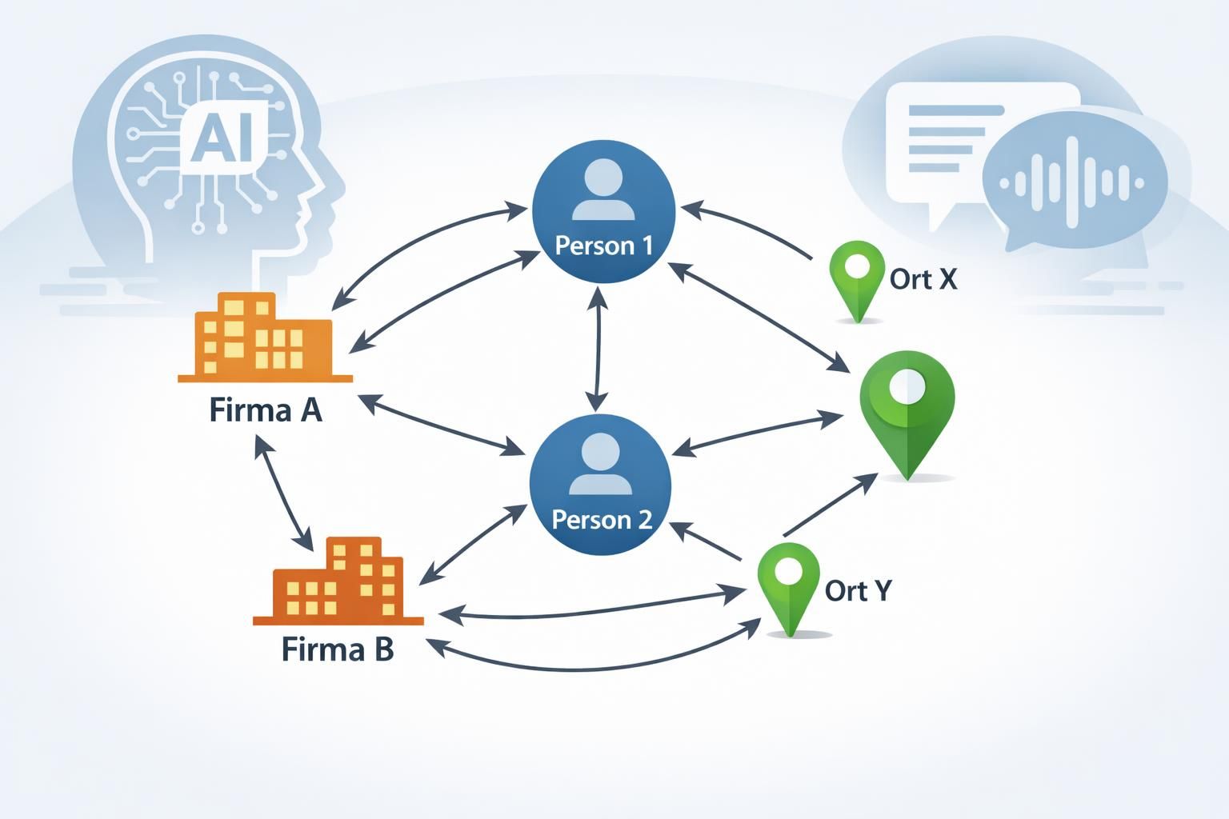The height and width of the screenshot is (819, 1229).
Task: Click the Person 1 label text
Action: (x=603, y=246)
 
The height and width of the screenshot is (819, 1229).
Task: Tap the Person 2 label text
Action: (x=602, y=520)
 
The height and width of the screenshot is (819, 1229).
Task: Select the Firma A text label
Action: (x=266, y=410)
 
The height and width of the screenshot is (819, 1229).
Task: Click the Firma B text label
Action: (x=338, y=649)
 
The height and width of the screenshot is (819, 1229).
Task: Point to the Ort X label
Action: (x=923, y=279)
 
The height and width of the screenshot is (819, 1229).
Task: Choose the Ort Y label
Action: (x=858, y=591)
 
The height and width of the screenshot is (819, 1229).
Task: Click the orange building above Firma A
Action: (x=265, y=338)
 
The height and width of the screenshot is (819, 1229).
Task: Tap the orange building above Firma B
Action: (x=338, y=581)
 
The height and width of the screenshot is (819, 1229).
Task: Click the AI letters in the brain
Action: (x=222, y=139)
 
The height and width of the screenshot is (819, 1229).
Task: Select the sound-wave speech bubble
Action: (x=1075, y=181)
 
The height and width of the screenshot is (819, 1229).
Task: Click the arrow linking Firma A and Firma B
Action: (x=284, y=493)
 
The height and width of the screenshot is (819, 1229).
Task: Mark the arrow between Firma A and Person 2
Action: (x=441, y=425)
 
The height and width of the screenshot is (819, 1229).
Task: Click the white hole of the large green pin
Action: (x=907, y=386)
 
